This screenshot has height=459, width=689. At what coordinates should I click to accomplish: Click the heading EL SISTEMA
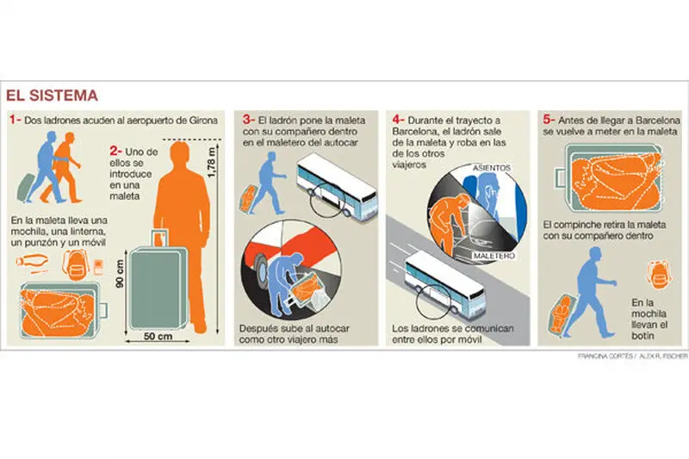click(52, 96)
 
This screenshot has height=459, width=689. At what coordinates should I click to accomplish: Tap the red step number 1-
click(16, 120)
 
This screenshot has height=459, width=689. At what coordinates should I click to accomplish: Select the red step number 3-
click(249, 120)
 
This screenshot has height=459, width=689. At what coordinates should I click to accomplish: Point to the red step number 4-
click(398, 120)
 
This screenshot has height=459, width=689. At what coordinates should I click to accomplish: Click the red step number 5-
click(549, 120)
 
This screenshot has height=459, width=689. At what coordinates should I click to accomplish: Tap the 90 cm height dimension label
click(120, 273)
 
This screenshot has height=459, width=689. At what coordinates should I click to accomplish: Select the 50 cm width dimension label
click(158, 336)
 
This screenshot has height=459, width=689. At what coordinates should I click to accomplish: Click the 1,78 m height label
click(211, 163)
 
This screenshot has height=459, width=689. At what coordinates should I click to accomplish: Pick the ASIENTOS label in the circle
click(492, 168)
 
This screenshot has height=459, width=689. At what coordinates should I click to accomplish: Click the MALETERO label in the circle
click(494, 255)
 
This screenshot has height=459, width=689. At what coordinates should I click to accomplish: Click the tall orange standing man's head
click(180, 153)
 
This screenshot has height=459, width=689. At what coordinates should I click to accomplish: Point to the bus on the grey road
click(444, 282)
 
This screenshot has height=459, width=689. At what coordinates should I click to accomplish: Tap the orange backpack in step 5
click(658, 274)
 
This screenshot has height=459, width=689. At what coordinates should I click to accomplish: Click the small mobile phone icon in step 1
click(98, 266)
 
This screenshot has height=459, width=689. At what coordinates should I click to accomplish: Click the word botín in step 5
click(642, 336)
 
